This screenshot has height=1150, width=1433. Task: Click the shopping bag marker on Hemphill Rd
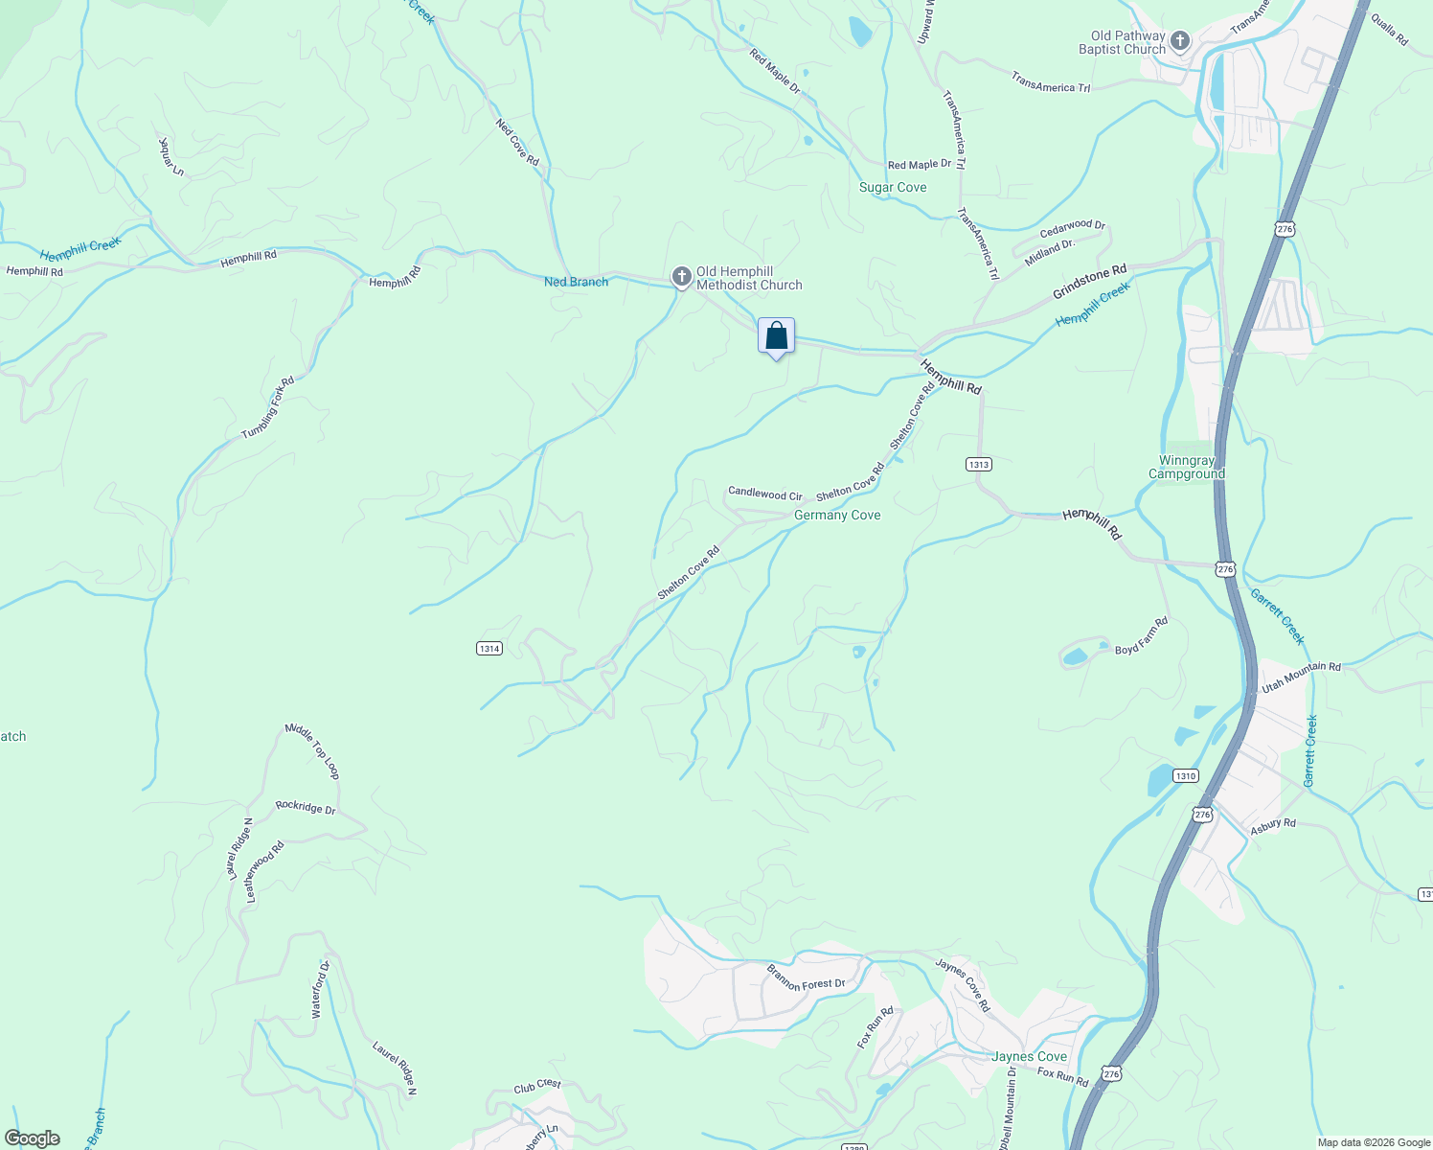pos(776,336)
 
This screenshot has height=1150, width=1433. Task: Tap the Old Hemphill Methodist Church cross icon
pos(681,278)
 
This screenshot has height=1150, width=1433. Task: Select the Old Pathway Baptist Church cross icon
pos(1180,41)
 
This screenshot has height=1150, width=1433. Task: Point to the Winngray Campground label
pos(1186,467)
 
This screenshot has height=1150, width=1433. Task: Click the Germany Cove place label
pos(836,515)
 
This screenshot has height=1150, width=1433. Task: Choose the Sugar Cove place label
pos(892,187)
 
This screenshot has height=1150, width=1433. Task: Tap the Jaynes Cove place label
pos(1029,1056)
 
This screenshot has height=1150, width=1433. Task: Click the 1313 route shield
pos(978,464)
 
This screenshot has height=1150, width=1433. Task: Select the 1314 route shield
pos(489,649)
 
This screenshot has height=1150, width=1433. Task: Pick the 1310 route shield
pos(1185,775)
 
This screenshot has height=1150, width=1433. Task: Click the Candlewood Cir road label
pos(764,494)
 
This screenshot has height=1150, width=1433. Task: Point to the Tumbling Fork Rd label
pos(267,407)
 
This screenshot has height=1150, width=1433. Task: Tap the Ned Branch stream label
pos(576,282)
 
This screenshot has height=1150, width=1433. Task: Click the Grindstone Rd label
pos(1089,282)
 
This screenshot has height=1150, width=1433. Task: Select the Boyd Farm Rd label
pos(1142,636)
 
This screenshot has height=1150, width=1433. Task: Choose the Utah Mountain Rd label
pos(1301,678)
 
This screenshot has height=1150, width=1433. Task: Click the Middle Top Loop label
pos(312,750)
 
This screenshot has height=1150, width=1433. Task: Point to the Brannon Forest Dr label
pos(806,977)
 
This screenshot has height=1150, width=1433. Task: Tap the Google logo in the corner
pos(33,1138)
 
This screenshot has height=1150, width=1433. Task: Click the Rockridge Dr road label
pos(306,807)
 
